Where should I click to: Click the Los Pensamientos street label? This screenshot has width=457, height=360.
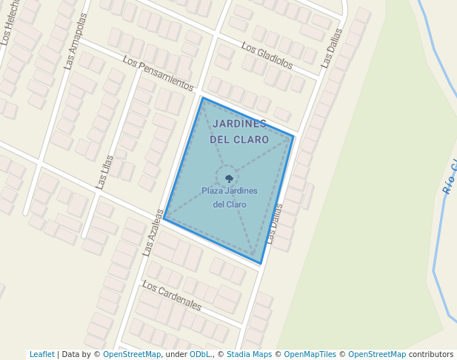[x=159, y=74]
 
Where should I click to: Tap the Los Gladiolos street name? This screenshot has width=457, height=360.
[x=267, y=56]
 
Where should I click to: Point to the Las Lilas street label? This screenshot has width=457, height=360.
[x=104, y=171]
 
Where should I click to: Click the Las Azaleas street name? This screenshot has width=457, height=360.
[x=153, y=232]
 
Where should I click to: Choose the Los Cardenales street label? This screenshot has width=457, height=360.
[x=171, y=295]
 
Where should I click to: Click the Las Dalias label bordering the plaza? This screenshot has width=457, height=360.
[x=275, y=224]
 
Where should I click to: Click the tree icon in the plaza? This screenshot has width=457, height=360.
[x=229, y=179]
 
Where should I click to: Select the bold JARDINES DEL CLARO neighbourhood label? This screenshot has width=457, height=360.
[x=239, y=131]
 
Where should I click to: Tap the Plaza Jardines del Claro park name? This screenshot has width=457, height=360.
[x=230, y=197]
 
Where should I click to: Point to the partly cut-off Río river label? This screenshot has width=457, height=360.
[x=450, y=178]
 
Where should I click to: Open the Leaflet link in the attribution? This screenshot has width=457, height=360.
[x=41, y=355]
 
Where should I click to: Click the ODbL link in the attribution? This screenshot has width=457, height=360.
[x=199, y=355]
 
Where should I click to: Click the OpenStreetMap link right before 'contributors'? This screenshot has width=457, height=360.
[x=377, y=355]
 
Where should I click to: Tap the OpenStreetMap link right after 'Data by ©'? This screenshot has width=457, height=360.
[x=132, y=355]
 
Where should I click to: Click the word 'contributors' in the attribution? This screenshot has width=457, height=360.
[x=431, y=355]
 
